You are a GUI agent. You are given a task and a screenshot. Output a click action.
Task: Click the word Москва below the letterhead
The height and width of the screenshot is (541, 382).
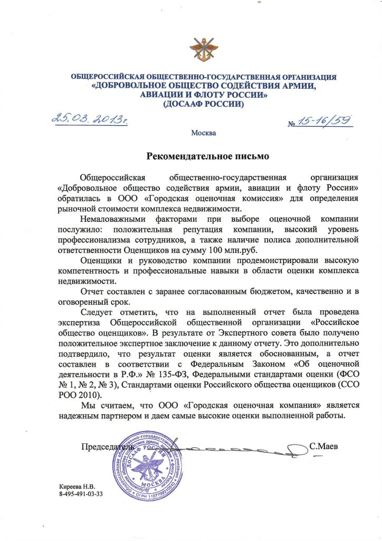[204, 132]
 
